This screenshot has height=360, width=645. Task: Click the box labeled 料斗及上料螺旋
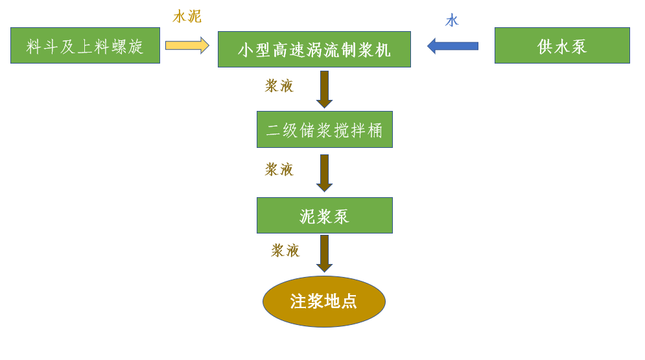click(85, 45)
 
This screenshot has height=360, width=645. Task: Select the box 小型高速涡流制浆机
click(314, 49)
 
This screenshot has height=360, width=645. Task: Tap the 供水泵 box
click(562, 45)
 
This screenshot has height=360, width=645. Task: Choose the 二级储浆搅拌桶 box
click(324, 130)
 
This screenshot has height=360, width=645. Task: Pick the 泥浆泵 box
click(324, 215)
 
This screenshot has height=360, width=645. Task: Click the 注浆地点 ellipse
click(324, 302)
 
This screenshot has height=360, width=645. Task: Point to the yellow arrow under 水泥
click(187, 45)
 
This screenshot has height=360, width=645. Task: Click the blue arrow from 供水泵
click(452, 46)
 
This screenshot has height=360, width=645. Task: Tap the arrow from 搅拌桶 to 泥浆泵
click(324, 173)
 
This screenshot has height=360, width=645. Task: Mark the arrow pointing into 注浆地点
click(324, 253)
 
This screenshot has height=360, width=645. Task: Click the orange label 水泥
click(187, 16)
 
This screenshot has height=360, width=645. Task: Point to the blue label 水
click(452, 21)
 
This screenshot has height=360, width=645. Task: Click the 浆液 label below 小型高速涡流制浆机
click(279, 86)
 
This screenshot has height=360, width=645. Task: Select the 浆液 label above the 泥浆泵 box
click(279, 169)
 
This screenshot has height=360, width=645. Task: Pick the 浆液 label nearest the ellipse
click(285, 250)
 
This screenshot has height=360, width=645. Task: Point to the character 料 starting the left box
click(34, 46)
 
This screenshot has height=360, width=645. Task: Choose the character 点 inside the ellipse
click(349, 302)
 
